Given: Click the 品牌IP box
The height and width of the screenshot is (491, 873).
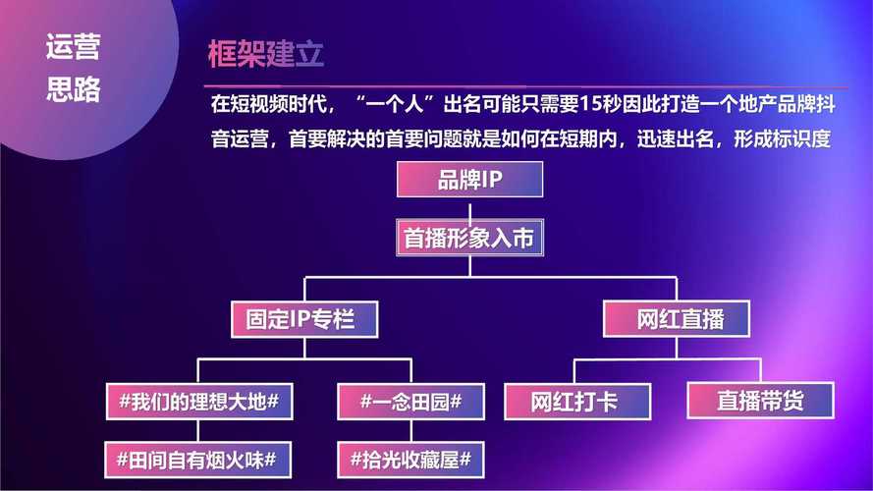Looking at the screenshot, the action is point(470,180).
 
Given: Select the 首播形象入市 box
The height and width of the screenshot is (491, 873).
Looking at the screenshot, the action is point(470,238).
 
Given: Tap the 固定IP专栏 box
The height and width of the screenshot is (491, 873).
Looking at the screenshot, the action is point(304,319).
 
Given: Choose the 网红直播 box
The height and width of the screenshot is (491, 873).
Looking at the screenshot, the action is point(677,319).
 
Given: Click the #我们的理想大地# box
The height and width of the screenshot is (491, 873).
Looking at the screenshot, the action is point(199,402).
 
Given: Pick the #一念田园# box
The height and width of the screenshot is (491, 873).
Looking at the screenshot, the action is point(410,402).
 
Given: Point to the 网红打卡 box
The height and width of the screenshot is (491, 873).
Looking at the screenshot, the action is point(577,402).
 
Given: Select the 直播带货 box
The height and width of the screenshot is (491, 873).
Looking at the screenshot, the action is point(760,401).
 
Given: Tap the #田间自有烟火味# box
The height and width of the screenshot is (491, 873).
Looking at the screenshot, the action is point(197,460).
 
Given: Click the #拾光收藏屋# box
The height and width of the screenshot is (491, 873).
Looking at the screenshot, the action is point(410,460).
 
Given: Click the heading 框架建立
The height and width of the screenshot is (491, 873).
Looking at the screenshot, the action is point(265,54).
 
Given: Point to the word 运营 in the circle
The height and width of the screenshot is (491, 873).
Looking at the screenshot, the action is point(73,47).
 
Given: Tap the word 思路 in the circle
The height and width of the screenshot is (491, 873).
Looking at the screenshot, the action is point(73,89).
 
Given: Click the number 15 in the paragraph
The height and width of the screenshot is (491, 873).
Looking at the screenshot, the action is point(589,104).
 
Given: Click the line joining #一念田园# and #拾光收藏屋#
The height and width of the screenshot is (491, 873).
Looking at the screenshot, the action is point(410,431).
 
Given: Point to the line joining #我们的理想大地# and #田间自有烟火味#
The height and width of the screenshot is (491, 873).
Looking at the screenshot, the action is point(197,431).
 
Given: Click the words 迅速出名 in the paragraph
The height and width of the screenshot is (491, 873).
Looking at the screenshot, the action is point(676,138).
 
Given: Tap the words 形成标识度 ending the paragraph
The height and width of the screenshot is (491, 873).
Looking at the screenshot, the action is point(783,138).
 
